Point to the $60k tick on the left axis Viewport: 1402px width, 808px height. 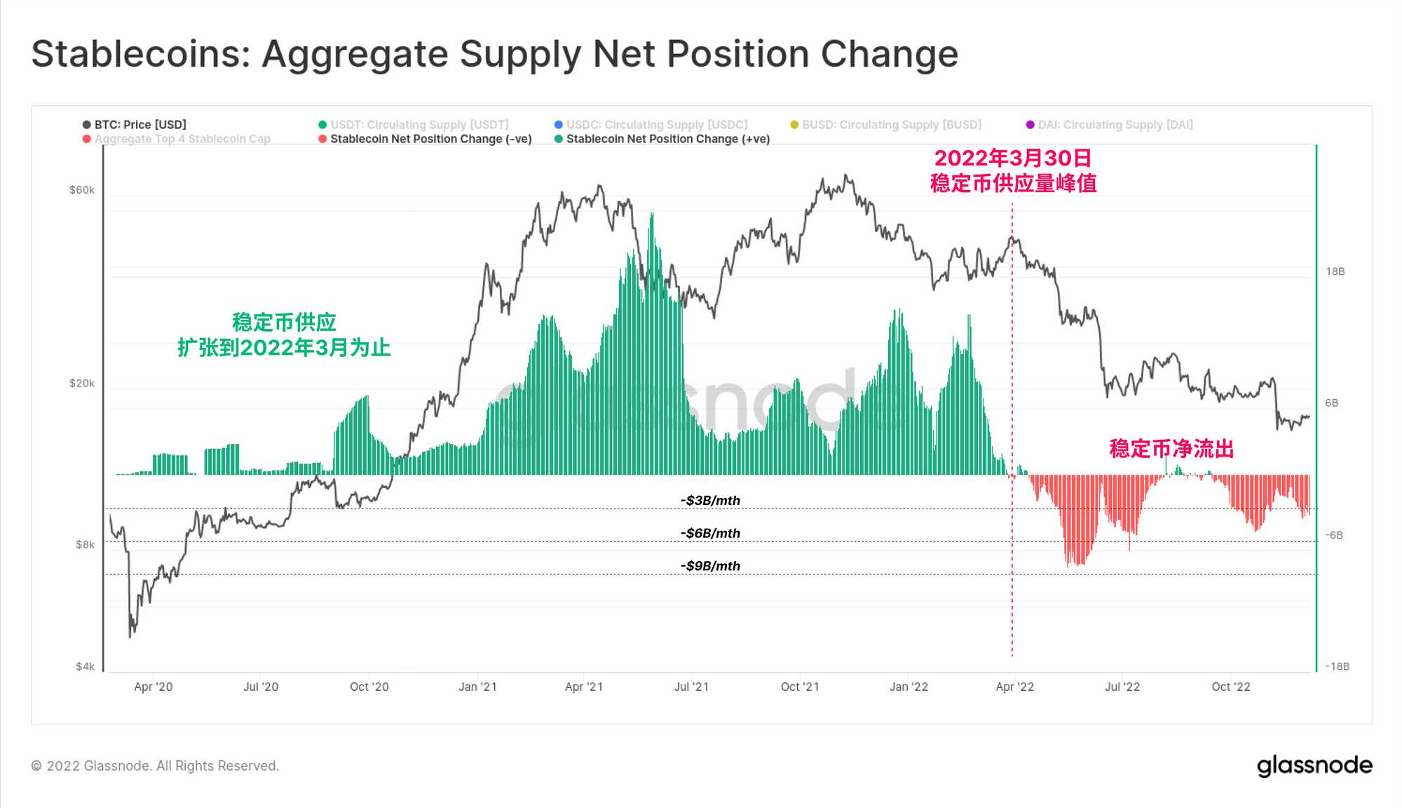pyautogui.click(x=81, y=190)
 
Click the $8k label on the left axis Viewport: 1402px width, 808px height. pyautogui.click(x=85, y=545)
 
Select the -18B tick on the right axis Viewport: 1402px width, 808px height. pyautogui.click(x=1337, y=666)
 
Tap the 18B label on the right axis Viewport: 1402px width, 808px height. pyautogui.click(x=1335, y=271)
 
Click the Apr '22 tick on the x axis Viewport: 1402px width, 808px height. pyautogui.click(x=1014, y=687)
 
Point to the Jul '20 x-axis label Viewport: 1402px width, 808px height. pyautogui.click(x=260, y=687)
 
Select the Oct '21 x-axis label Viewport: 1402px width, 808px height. pyautogui.click(x=800, y=687)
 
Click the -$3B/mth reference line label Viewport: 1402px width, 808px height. pyautogui.click(x=710, y=501)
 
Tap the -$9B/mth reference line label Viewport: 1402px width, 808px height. pyautogui.click(x=710, y=566)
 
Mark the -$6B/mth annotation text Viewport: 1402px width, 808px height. pyautogui.click(x=710, y=534)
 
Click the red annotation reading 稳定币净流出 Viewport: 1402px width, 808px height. pyautogui.click(x=1171, y=449)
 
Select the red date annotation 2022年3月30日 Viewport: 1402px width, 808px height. pyautogui.click(x=1013, y=159)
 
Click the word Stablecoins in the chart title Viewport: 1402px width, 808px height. pyautogui.click(x=141, y=54)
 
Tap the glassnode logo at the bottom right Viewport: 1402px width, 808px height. pyautogui.click(x=1314, y=766)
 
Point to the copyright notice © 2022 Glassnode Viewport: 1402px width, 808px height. pyautogui.click(x=155, y=766)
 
